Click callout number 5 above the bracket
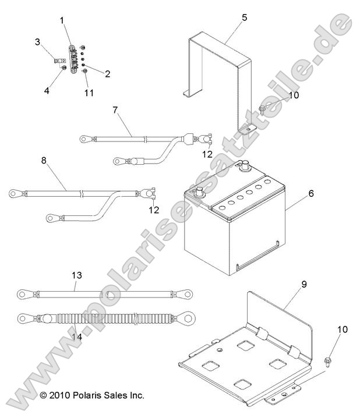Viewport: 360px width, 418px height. (x=244, y=17)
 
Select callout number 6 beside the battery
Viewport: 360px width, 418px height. (x=310, y=193)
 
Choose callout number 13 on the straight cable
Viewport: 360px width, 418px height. (x=76, y=275)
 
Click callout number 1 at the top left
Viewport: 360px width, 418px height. (x=62, y=20)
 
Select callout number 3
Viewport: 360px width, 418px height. (x=37, y=42)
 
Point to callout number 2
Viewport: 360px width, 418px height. (x=107, y=73)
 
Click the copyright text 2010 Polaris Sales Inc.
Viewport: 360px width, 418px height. (x=92, y=395)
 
